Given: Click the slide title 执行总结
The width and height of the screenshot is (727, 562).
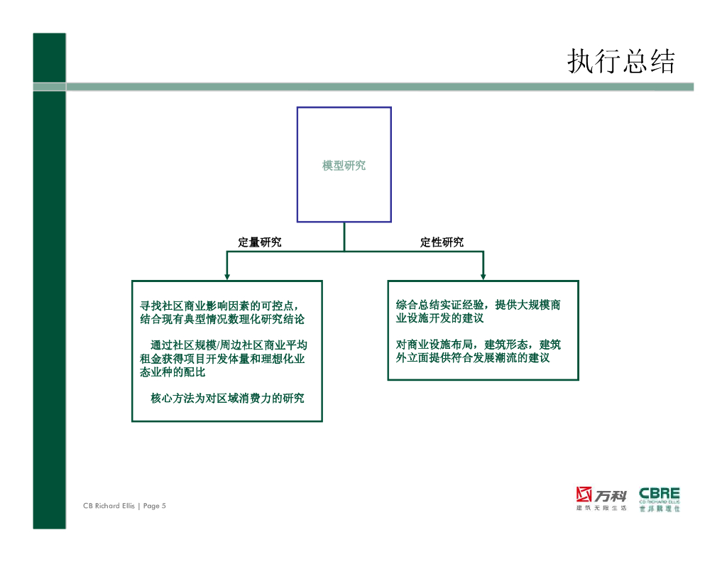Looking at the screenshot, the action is click(x=621, y=62).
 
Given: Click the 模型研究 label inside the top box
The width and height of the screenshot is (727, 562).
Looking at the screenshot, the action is click(x=344, y=166).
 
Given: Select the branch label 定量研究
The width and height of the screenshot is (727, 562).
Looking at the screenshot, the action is click(x=259, y=242).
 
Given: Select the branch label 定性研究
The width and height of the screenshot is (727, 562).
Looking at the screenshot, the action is click(x=442, y=242).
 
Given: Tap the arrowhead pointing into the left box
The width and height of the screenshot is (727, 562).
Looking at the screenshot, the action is click(x=226, y=276).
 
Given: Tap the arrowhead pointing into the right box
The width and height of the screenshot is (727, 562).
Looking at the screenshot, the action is click(x=483, y=276).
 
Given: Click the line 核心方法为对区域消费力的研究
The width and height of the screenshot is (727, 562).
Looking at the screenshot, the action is click(x=227, y=398).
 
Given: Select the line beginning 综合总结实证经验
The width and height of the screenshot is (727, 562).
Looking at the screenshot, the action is click(x=478, y=305).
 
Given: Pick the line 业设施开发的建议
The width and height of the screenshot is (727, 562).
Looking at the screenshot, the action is click(x=439, y=318).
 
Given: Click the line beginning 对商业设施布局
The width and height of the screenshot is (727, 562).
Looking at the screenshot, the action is click(x=478, y=345).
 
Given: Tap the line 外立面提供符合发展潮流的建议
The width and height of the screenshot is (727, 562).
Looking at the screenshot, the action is click(x=473, y=358).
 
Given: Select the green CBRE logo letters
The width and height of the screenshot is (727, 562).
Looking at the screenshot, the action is click(x=659, y=493).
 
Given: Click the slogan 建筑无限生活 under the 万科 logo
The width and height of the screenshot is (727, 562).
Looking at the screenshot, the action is click(x=601, y=508).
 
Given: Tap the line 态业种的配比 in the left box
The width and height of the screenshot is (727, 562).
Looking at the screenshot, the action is click(x=173, y=372).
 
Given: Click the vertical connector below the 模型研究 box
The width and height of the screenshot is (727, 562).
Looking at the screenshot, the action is click(x=344, y=236).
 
